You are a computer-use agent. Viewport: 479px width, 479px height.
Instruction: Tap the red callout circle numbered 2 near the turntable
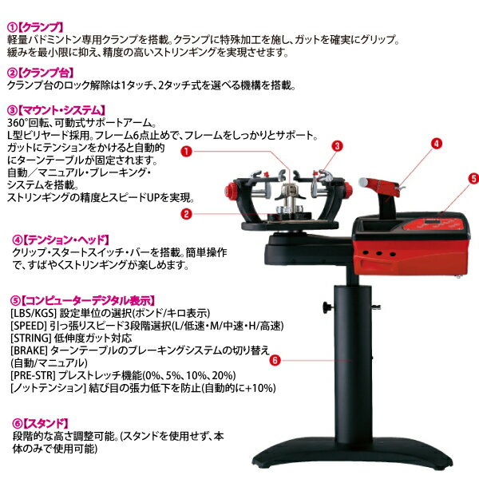(x=185, y=214)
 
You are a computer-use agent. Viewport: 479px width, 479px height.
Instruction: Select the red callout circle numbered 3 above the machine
(x=338, y=146)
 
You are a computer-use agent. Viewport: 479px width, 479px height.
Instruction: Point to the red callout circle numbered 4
(x=437, y=144)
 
